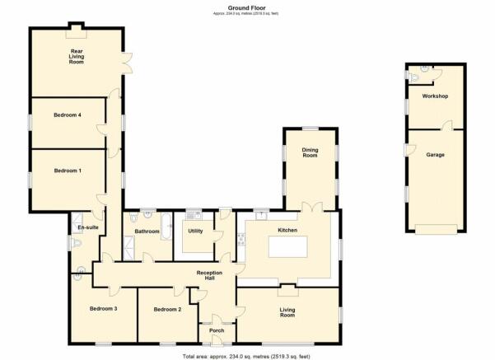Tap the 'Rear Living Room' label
pos(77,56)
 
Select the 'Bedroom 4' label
pos(68,115)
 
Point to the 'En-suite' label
pos(88,227)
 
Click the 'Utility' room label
pos(196,231)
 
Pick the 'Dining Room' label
pos(310,152)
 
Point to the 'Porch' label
pos(217,330)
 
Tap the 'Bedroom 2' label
pos(166,309)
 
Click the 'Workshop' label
pos(434,96)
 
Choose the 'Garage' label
pos(435,154)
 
